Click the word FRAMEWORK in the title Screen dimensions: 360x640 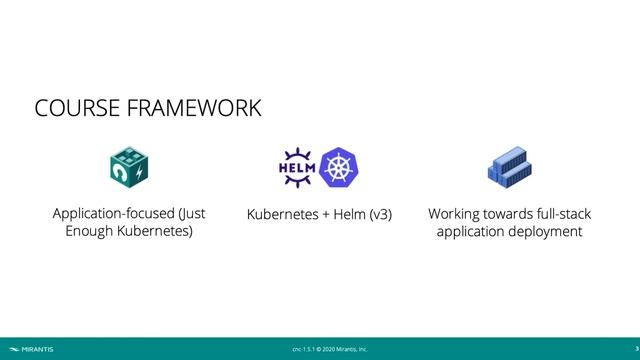pyautogui.click(x=192, y=108)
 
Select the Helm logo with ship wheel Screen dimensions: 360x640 pyautogui.click(x=296, y=167)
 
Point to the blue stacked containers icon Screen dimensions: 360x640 pyautogui.click(x=509, y=168)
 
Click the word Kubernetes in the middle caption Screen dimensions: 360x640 pyautogui.click(x=282, y=215)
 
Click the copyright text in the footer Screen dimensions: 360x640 pyautogui.click(x=329, y=349)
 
